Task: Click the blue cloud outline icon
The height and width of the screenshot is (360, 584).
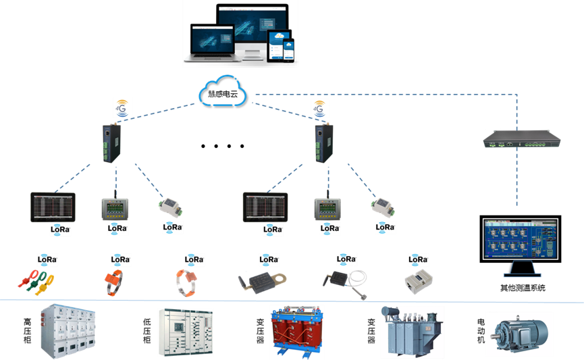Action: (222, 91)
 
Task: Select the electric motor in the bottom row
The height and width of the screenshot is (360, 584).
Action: (519, 334)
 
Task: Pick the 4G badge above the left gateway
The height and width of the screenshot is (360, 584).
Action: (123, 107)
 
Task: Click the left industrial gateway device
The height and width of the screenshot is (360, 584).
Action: (108, 143)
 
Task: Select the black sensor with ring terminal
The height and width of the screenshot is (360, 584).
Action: (259, 279)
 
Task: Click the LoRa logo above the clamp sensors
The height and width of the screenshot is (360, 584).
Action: (47, 259)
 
